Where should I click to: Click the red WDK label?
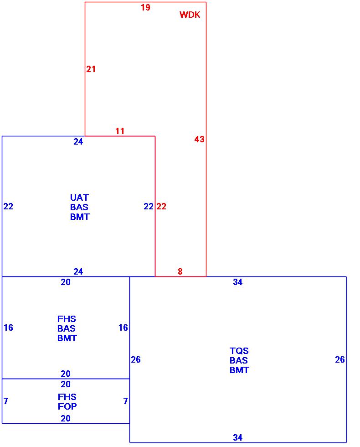pos(190,15)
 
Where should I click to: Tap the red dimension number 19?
pos(145,8)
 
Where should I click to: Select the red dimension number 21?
pos(91,69)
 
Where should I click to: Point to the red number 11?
pos(120,131)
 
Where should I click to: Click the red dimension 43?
pos(200,140)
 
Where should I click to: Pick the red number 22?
pos(161,207)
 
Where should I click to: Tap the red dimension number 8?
pos(180,272)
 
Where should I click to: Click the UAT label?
pos(79,198)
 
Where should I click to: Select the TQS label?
pos(239,351)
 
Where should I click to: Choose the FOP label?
pos(67,407)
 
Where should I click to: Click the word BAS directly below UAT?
pos(79,208)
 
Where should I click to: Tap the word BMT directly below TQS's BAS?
pos(239,370)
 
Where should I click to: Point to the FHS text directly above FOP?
pos(67,397)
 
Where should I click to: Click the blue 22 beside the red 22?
pos(149,207)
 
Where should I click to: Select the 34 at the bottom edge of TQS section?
pos(238,438)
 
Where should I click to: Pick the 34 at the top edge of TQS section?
pos(238,282)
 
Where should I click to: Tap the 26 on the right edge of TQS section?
pos(340,360)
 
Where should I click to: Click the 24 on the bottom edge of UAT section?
pos(78,272)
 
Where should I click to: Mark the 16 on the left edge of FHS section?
pos(8,328)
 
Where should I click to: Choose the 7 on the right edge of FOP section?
pos(125,401)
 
